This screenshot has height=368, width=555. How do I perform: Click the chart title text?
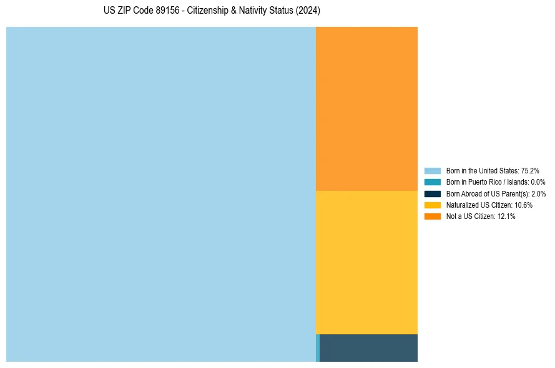(212, 11)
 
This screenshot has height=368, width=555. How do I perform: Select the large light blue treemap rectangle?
(161, 194)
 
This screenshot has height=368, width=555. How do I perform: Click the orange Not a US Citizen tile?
(366, 109)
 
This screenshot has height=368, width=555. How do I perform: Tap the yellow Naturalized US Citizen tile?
(366, 262)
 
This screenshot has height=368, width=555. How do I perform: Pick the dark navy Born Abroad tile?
(368, 348)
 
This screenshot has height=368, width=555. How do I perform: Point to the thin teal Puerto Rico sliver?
(318, 348)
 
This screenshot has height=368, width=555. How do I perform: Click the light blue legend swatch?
(433, 170)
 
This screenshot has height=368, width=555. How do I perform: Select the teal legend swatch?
(433, 182)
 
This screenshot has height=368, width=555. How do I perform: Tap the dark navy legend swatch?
(433, 193)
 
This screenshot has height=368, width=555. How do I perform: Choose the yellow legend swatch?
(433, 205)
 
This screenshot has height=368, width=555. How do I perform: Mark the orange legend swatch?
(433, 216)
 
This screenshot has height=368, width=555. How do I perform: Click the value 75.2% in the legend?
(530, 170)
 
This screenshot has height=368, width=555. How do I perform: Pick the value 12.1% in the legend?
(506, 216)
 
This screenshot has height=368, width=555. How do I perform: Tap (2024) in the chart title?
(308, 11)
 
